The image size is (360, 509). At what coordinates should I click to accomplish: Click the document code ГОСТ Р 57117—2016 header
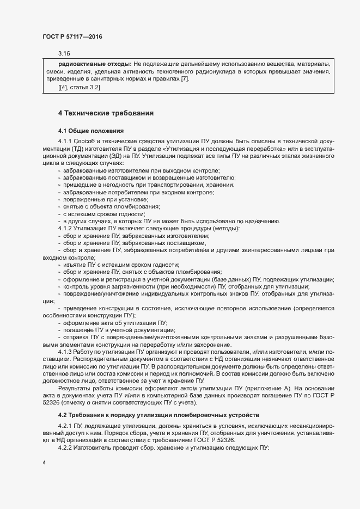tap(72, 36)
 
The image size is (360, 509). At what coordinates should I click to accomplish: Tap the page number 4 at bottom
tap(44, 462)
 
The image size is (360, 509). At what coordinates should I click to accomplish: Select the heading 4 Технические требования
tap(106, 113)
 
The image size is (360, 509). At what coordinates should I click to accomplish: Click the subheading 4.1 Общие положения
tap(91, 131)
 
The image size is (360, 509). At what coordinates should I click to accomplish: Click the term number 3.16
tap(64, 53)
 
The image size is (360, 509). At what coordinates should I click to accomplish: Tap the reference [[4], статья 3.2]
tap(79, 87)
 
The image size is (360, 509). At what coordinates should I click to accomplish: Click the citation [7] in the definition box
tap(185, 79)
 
